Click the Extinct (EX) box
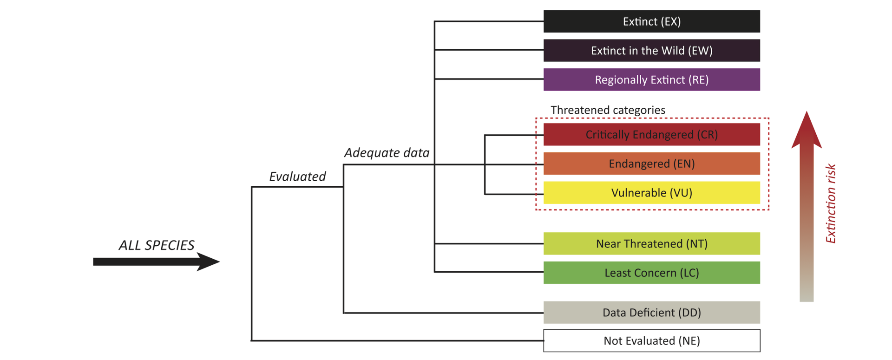651,21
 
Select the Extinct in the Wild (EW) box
651,50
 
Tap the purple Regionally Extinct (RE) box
651,79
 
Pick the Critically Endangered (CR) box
651,135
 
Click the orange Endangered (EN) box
651,164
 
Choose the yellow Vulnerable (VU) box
651,193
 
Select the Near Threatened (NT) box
651,243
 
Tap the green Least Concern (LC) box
651,273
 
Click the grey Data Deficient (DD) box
651,313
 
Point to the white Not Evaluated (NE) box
651,340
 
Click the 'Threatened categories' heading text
608,110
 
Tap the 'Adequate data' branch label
387,153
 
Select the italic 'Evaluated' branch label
297,177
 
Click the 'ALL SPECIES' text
157,245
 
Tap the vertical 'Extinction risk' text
831,203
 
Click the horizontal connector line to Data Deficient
441,313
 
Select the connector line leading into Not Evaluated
395,340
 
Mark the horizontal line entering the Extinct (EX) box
488,21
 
